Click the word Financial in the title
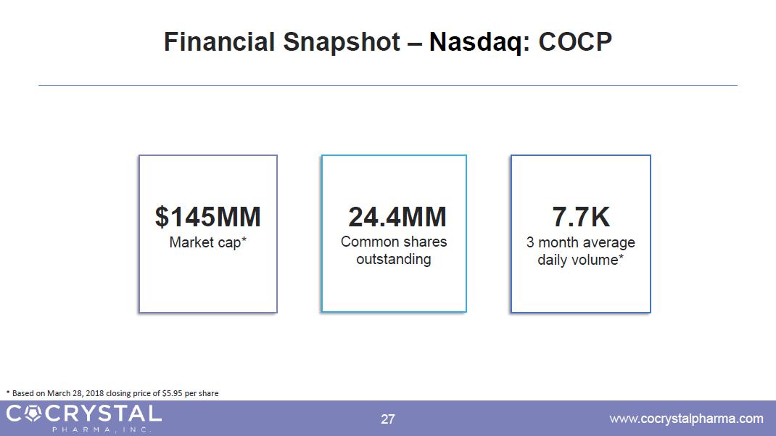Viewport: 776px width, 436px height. coord(219,41)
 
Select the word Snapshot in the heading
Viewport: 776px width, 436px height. coord(342,42)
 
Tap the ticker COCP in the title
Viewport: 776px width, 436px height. coord(575,41)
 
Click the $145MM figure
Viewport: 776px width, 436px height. coord(208,217)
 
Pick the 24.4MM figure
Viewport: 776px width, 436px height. coord(397,217)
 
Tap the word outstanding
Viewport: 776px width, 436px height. coord(394,259)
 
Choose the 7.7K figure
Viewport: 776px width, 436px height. coord(581,217)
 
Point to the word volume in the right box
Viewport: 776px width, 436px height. coord(593,260)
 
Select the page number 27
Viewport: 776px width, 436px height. coord(388,419)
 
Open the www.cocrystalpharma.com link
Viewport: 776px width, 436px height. coord(686,419)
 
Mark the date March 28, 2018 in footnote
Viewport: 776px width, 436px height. coord(75,393)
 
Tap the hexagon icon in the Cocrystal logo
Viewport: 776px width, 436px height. coord(33,414)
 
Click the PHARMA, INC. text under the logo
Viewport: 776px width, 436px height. coord(101,429)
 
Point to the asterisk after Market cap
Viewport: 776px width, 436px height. coord(244,239)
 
